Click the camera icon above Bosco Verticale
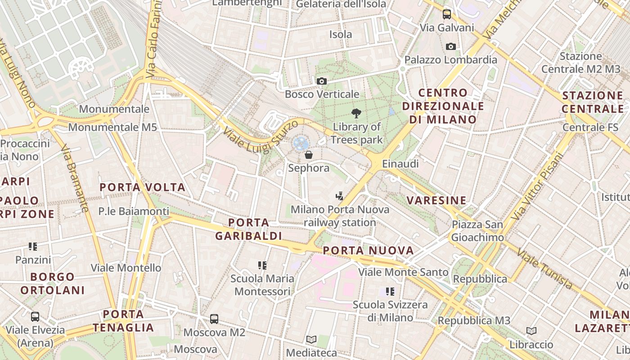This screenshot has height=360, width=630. point(321,81)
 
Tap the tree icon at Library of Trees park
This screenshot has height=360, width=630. point(356,113)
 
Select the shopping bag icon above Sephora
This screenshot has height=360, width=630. point(309,155)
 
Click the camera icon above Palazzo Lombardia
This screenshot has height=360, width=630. point(450,46)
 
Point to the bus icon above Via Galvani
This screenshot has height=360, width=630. point(446,14)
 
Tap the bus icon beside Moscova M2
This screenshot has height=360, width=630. point(214,319)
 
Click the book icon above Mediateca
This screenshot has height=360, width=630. point(311,339)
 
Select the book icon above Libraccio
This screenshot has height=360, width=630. point(531,331)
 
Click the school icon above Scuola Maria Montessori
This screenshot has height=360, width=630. point(262,265)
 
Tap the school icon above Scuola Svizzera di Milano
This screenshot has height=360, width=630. point(390,292)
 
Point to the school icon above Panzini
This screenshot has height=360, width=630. point(33,247)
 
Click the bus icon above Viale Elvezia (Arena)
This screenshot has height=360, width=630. point(35,316)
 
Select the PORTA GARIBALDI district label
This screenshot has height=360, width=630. point(248,229)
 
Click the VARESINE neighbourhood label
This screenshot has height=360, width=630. point(436,200)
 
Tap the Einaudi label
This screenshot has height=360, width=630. point(400,164)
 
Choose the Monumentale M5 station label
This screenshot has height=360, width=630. point(112,127)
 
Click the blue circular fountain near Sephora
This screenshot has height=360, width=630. point(300,144)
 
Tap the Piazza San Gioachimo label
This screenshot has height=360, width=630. point(477,231)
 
